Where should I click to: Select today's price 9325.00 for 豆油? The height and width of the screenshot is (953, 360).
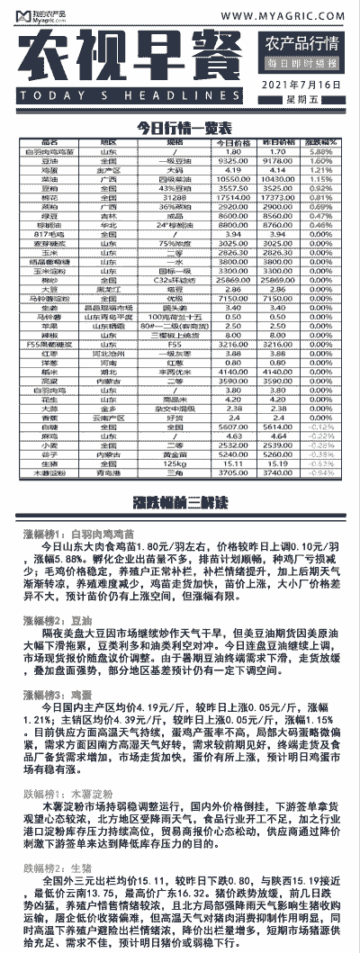pos(230,160)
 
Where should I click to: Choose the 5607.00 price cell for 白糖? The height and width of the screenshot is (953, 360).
pos(230,427)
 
